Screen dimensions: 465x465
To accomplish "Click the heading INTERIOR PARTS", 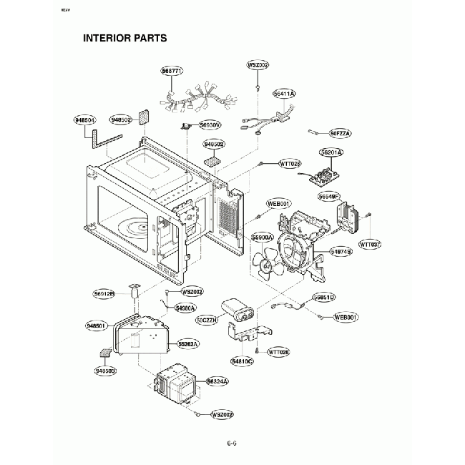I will (x=125, y=38).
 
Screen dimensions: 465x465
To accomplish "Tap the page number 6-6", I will (x=232, y=444).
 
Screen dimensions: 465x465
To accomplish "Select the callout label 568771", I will (x=172, y=71).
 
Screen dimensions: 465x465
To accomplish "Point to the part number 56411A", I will (x=285, y=94).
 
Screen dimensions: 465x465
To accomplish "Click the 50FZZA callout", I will (x=341, y=134).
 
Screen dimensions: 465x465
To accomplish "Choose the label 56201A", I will (x=331, y=152).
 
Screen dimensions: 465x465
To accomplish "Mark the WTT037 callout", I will (x=371, y=244).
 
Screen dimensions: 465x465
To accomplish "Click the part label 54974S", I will (x=341, y=251).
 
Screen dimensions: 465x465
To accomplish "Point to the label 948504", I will (x=85, y=120).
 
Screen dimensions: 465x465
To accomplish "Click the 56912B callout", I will (x=104, y=293).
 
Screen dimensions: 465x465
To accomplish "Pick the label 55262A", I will (x=188, y=345).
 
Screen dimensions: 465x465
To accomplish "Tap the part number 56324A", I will (x=217, y=382).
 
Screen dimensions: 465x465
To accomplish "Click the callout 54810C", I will (x=243, y=362).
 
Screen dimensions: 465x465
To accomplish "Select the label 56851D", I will (x=324, y=297).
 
